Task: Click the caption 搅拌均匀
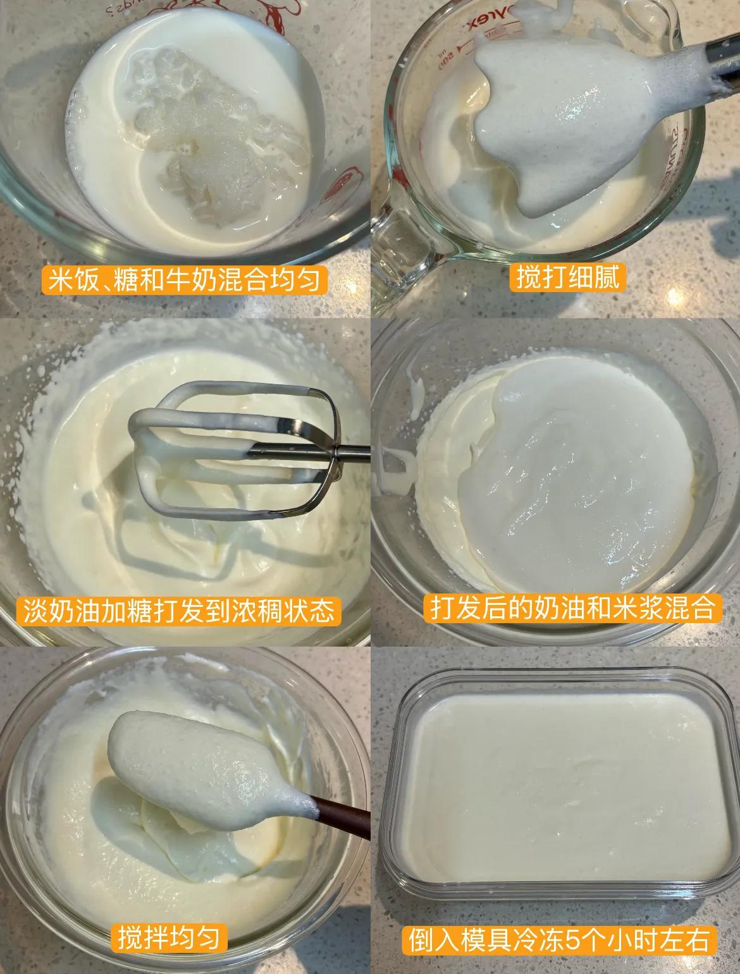coord(168,938)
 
